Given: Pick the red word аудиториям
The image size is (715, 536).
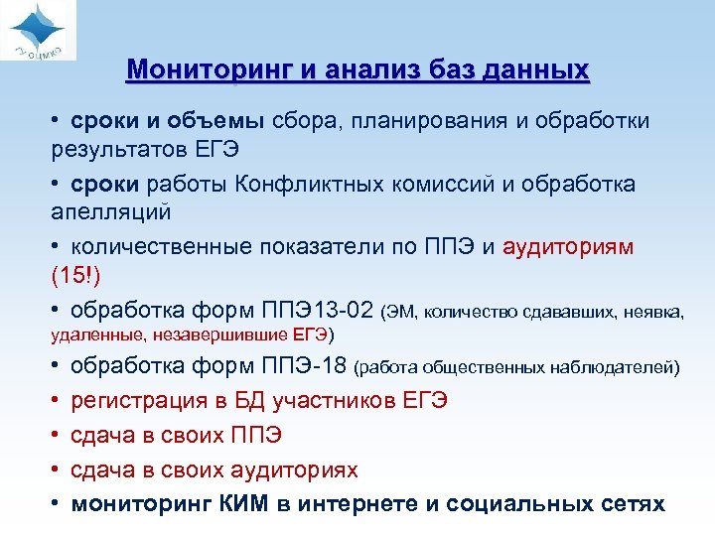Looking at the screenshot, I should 569,246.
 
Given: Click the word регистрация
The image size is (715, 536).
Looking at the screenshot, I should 133,401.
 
